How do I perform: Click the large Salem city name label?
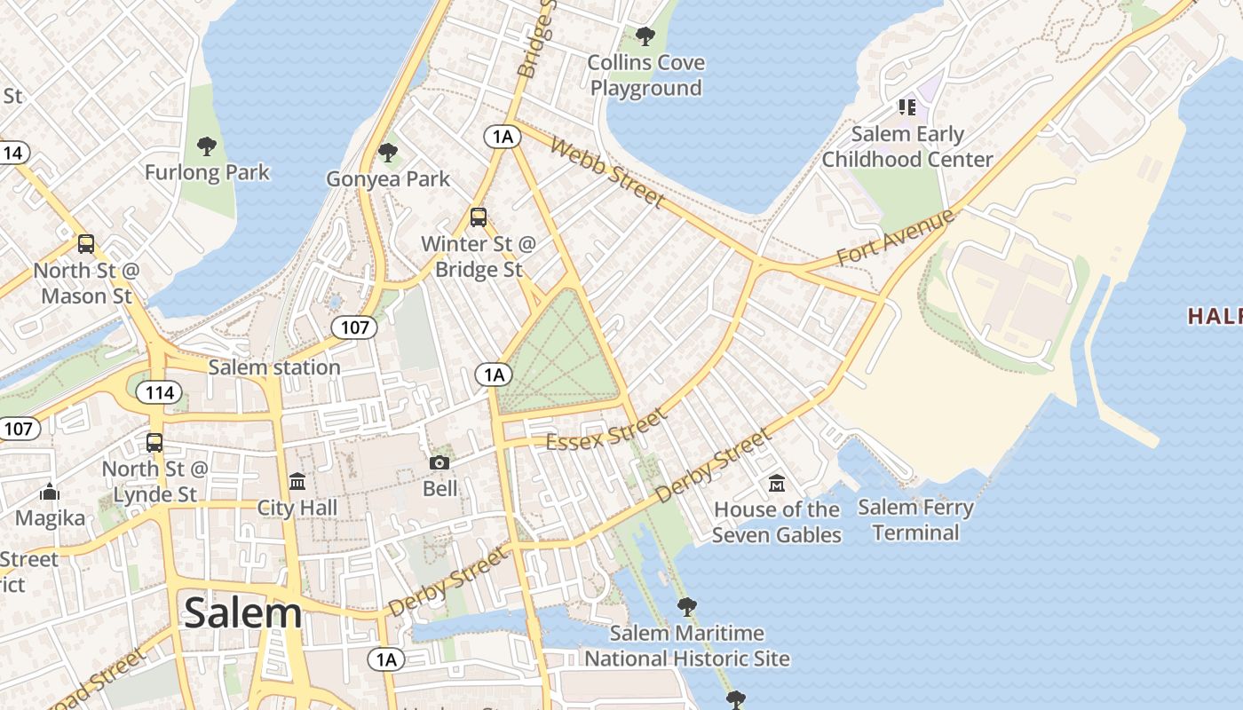point(242,613)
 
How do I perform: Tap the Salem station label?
point(273,367)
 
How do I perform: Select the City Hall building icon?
point(297,481)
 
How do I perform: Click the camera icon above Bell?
point(439,462)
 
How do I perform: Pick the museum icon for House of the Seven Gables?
point(777,484)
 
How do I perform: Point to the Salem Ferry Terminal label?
point(915,520)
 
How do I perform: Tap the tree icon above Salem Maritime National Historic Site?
point(686,607)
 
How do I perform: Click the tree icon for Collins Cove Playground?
point(645,36)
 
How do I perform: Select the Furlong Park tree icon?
point(207,146)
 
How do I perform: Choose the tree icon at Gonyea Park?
point(388,153)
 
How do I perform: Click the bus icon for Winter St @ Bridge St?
point(479,217)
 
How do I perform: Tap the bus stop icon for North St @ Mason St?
point(86,244)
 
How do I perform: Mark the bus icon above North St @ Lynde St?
point(154,442)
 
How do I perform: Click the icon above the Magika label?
point(50,492)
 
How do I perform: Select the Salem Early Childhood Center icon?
point(907,107)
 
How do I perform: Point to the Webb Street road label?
point(606,172)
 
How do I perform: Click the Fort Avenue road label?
point(895,238)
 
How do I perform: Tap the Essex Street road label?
point(605,430)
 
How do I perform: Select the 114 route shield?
point(160,392)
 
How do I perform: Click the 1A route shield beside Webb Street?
point(502,136)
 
